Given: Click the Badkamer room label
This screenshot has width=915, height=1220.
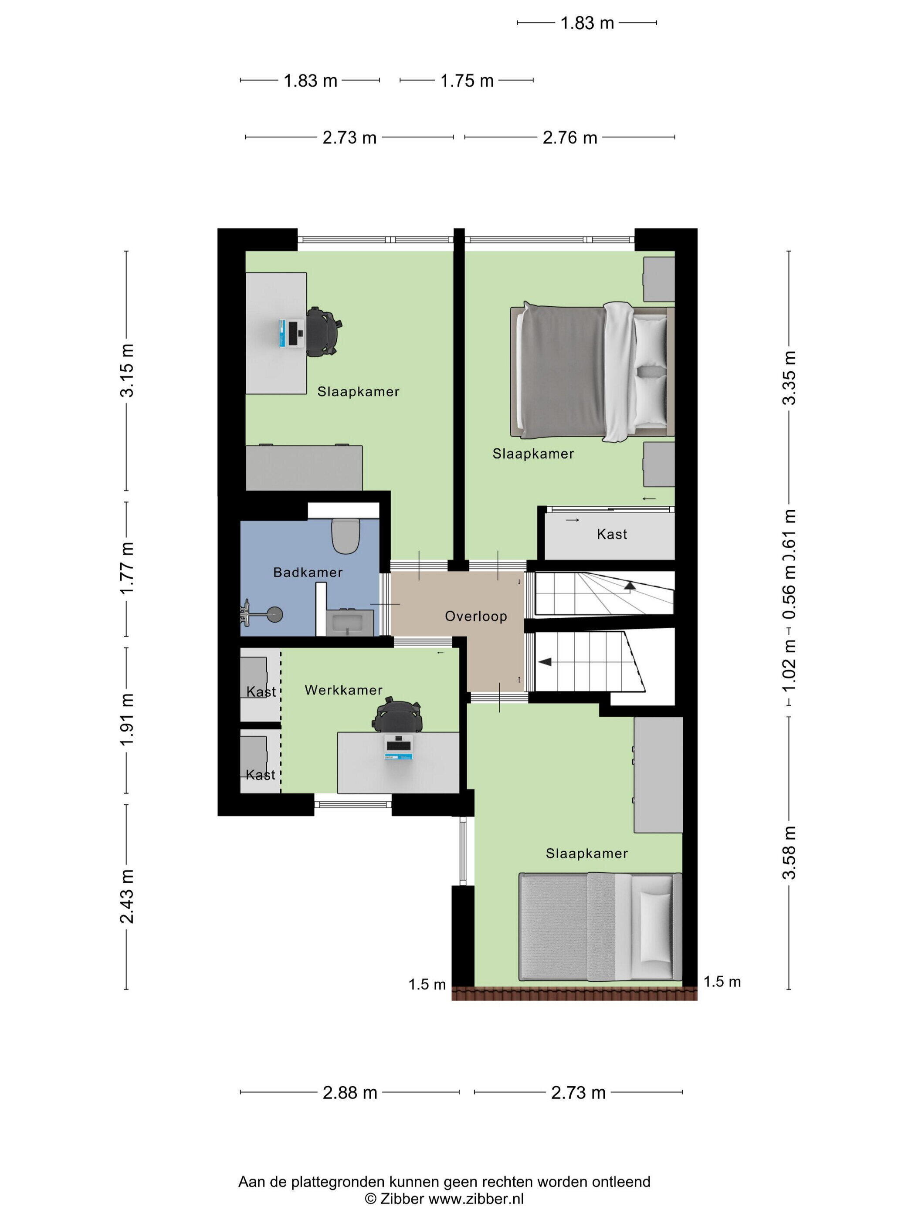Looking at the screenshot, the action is pyautogui.click(x=308, y=573).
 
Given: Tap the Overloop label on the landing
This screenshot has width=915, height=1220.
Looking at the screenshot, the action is pyautogui.click(x=476, y=616).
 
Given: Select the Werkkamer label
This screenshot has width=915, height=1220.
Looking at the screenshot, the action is pyautogui.click(x=344, y=690).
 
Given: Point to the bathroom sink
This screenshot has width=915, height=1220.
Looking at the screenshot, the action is pyautogui.click(x=350, y=623).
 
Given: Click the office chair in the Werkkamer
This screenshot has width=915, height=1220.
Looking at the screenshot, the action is pyautogui.click(x=398, y=714).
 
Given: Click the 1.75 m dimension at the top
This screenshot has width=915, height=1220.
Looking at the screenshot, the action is pyautogui.click(x=467, y=81).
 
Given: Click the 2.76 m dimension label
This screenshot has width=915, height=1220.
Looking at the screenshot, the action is pyautogui.click(x=570, y=137).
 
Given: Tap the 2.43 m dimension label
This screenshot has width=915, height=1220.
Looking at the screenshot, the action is pyautogui.click(x=127, y=896).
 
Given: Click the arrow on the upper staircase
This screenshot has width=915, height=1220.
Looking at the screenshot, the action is pyautogui.click(x=629, y=587).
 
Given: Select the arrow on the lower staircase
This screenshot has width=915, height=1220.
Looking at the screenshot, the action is pyautogui.click(x=545, y=661).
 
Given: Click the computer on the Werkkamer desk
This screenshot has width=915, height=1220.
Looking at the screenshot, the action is pyautogui.click(x=398, y=747).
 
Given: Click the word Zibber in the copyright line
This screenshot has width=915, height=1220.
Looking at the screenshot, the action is pyautogui.click(x=402, y=1199).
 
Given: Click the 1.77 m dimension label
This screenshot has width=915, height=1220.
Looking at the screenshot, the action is pyautogui.click(x=127, y=568).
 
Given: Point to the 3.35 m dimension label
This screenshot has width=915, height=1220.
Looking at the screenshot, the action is pyautogui.click(x=790, y=378).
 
